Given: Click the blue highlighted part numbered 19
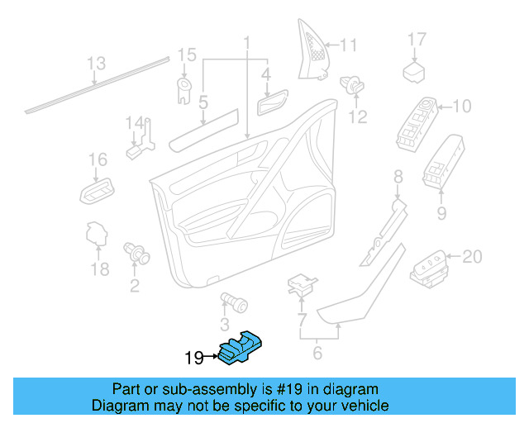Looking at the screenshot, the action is (x=241, y=348).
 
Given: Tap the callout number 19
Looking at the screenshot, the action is (x=194, y=358).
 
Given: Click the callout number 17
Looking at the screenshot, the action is (x=417, y=40).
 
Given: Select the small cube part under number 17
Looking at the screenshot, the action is (x=414, y=72).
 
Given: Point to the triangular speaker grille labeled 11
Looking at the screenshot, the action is (x=312, y=50).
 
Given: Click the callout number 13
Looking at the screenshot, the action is (x=96, y=63).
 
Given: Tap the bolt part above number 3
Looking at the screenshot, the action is (x=234, y=302).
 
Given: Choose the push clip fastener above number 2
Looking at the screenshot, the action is (x=136, y=253).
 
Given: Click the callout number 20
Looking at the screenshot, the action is (x=472, y=257).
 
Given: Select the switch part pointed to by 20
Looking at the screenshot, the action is (x=429, y=269).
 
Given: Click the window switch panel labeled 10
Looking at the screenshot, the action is (x=417, y=124).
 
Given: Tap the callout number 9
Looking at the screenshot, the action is (x=441, y=213).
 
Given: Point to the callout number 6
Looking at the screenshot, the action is (x=317, y=353).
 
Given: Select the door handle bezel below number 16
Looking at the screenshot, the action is (x=98, y=191).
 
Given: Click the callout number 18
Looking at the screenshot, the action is (x=100, y=269).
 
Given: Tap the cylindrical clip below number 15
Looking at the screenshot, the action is (x=184, y=90).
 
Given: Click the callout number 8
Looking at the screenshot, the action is (x=398, y=177).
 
